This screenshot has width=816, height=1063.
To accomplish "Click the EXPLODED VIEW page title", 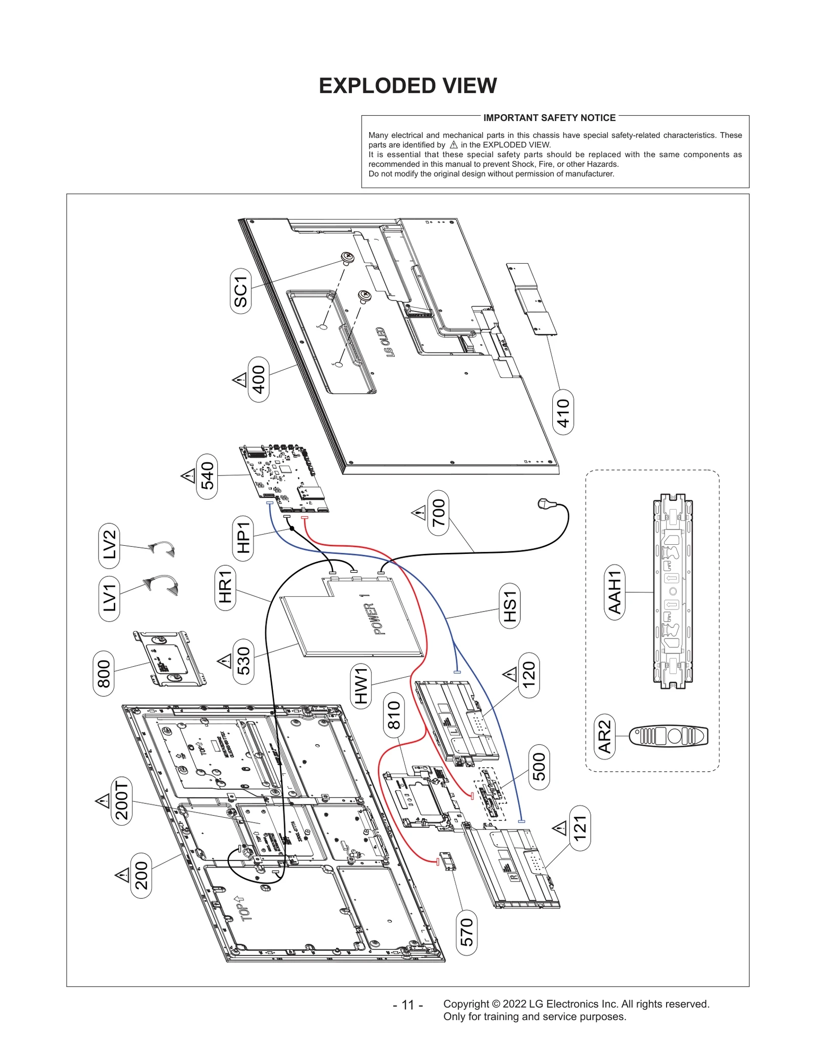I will click(407, 86).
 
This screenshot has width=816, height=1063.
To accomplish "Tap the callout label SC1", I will click(241, 291).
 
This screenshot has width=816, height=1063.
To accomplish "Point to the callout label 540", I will click(207, 476).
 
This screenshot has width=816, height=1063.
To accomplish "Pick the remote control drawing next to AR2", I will click(669, 736).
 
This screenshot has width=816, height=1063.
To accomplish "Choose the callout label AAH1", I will click(615, 592).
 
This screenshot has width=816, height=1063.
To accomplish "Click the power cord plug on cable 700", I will click(545, 504).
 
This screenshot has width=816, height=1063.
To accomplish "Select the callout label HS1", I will click(509, 606).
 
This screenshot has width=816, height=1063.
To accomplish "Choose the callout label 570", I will click(467, 932).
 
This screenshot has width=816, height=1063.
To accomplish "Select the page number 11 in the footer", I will click(407, 1004).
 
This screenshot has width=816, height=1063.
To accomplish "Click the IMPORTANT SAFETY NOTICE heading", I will click(549, 118).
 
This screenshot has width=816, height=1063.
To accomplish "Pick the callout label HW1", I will click(361, 686).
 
